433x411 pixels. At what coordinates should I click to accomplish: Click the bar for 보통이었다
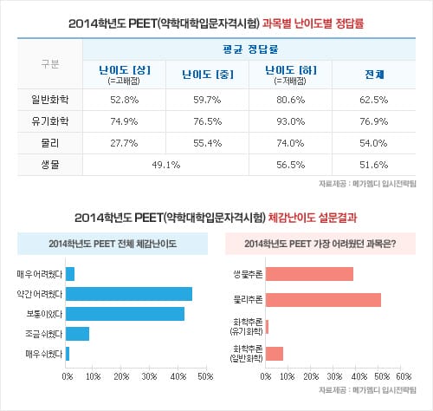tap(125, 314)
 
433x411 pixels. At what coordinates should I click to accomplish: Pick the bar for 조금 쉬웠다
tap(77, 334)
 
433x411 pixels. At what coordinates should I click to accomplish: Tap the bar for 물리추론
tap(323, 300)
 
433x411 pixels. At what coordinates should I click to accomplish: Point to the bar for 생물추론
tap(309, 274)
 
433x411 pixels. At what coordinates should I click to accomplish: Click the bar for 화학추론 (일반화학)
tap(275, 353)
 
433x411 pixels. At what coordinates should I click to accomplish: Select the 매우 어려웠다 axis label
tap(40, 275)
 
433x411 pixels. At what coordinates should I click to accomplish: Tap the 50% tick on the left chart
tap(205, 376)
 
